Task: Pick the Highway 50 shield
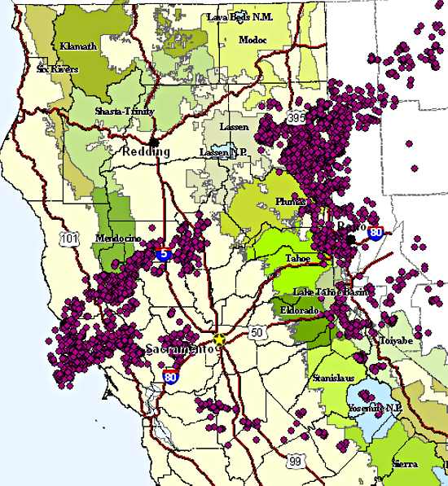257,332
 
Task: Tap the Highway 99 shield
295,462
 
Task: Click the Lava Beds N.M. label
239,16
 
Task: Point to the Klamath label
78,47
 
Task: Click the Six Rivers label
57,69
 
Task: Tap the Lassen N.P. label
221,152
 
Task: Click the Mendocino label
119,238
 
